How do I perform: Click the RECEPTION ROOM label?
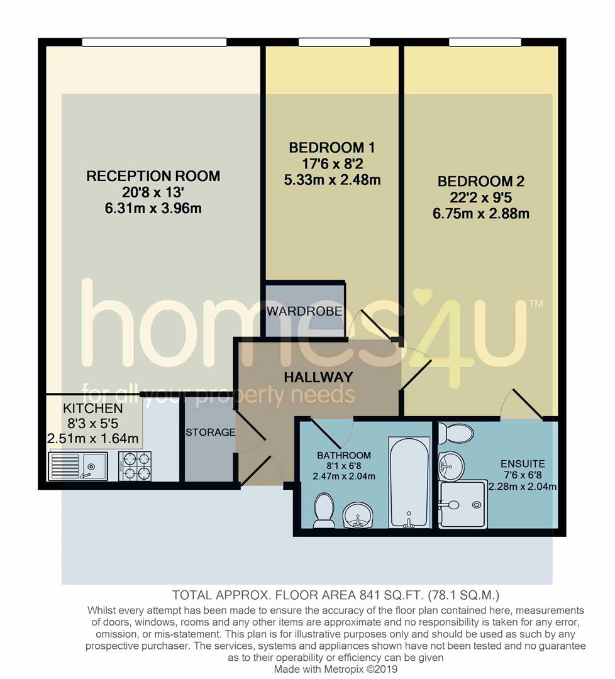click(x=153, y=176)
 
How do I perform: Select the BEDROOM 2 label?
click(x=481, y=182)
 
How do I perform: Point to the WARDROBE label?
click(x=304, y=311)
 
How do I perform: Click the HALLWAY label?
click(x=318, y=377)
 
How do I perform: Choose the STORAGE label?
click(x=211, y=433)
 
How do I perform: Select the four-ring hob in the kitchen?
click(x=135, y=466)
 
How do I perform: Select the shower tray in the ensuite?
click(x=463, y=504)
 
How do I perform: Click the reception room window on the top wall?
click(x=154, y=42)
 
